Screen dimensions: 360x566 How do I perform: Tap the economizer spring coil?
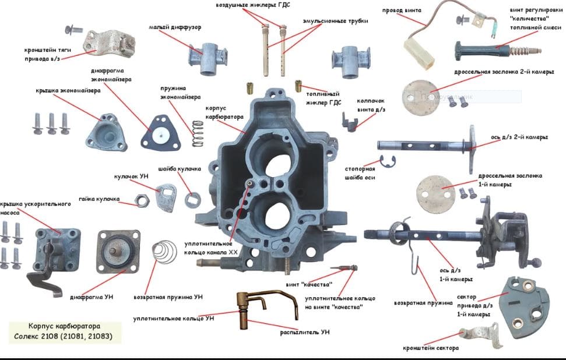tap(199, 133)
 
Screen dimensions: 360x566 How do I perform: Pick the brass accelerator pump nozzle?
tap(251, 309)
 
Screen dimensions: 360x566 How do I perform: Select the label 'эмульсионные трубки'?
tap(335, 21)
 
